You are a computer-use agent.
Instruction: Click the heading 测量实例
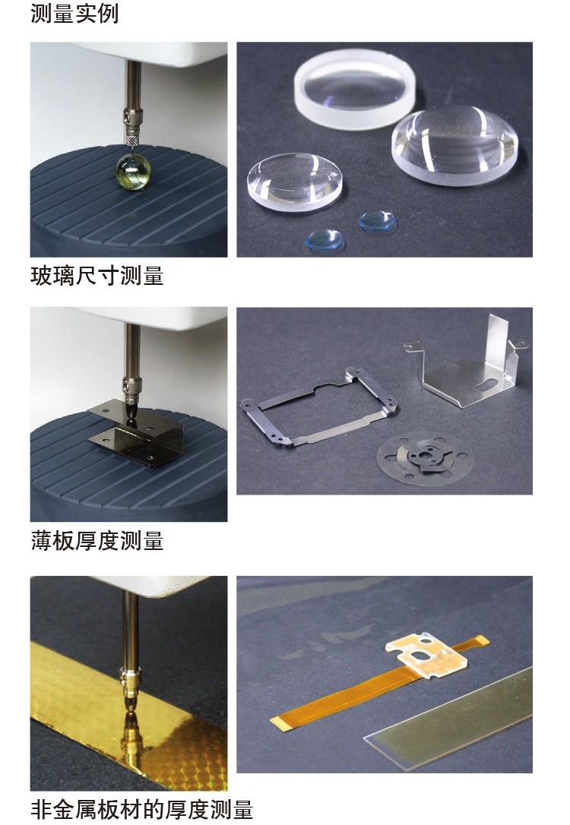[74, 14]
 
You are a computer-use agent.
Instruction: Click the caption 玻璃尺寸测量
[97, 276]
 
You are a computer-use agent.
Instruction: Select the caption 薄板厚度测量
[97, 541]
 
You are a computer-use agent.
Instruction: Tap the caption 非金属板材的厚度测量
[141, 808]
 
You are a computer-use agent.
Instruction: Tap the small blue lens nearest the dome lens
[377, 221]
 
